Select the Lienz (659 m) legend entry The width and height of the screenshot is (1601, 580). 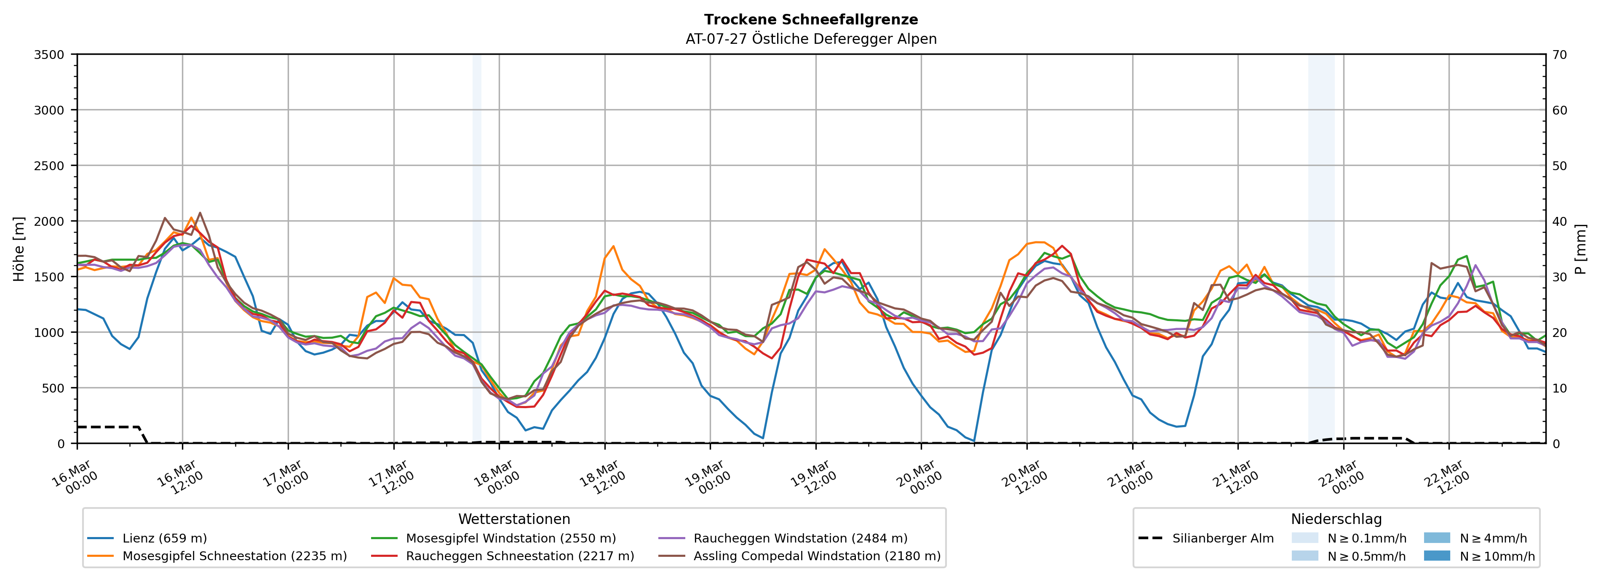pos(164,538)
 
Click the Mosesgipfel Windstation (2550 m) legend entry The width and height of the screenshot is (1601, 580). pos(510,538)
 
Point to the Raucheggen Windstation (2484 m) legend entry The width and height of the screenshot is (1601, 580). pos(800,538)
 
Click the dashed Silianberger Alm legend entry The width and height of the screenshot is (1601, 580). pos(1222,538)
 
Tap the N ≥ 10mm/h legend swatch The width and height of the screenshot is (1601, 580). pos(1437,556)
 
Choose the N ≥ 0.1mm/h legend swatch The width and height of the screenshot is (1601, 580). pos(1304,538)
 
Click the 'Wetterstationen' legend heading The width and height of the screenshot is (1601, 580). pos(514,519)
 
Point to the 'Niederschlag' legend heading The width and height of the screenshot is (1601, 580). pos(1336,519)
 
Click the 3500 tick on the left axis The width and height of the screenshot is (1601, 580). pos(49,55)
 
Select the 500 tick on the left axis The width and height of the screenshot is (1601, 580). pos(53,388)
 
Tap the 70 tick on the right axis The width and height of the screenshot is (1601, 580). pos(1559,55)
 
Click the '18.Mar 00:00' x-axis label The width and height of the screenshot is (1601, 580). pos(497,477)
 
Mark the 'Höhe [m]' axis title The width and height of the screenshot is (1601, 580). pos(19,249)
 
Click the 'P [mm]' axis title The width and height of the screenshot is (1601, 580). pos(1580,249)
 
